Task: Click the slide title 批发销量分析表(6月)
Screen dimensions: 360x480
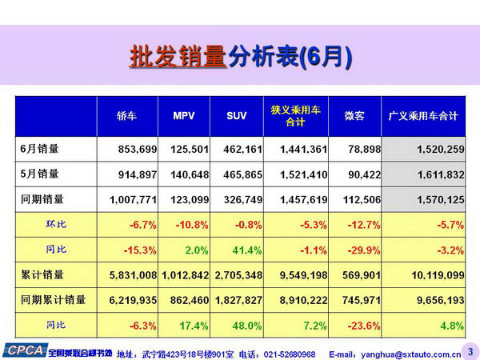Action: (x=240, y=57)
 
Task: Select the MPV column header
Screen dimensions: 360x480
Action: (x=184, y=116)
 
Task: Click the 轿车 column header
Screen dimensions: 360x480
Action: (x=127, y=116)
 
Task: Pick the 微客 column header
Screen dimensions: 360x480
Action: (x=354, y=116)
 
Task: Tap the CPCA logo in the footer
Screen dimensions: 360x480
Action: (x=23, y=350)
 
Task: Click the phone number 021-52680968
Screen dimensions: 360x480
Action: (x=290, y=352)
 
